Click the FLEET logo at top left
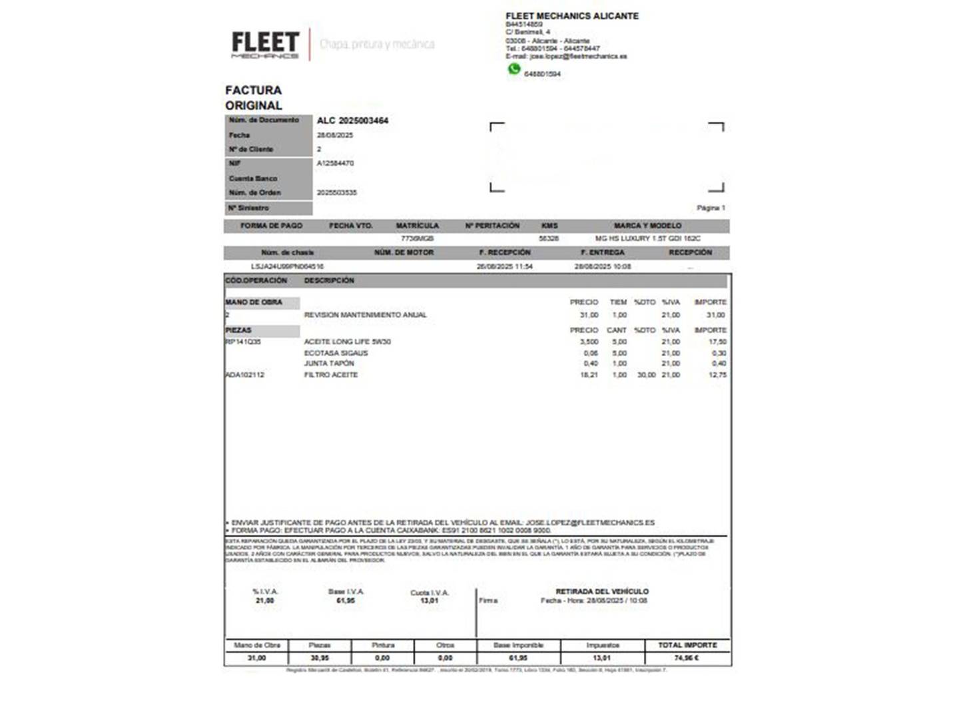tap(265, 44)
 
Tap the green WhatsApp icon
tap(514, 69)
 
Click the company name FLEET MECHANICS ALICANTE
tap(571, 16)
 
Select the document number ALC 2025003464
tap(352, 120)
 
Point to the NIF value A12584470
tap(335, 163)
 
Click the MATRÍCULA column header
tap(417, 226)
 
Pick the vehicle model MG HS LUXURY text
tap(647, 238)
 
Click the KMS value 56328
tap(549, 238)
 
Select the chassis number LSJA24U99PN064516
tap(287, 266)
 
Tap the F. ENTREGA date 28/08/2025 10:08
tap(602, 266)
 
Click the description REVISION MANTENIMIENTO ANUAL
tap(365, 315)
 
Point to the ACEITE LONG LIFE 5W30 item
tap(347, 342)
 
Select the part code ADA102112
tap(244, 375)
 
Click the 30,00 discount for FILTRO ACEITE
tap(646, 375)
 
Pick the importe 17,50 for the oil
tap(717, 342)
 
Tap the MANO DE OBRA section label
tap(254, 302)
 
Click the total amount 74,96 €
tap(687, 658)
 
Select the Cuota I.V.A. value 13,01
tap(430, 600)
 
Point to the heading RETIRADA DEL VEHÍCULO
tap(602, 591)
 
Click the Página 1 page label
tap(711, 208)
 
